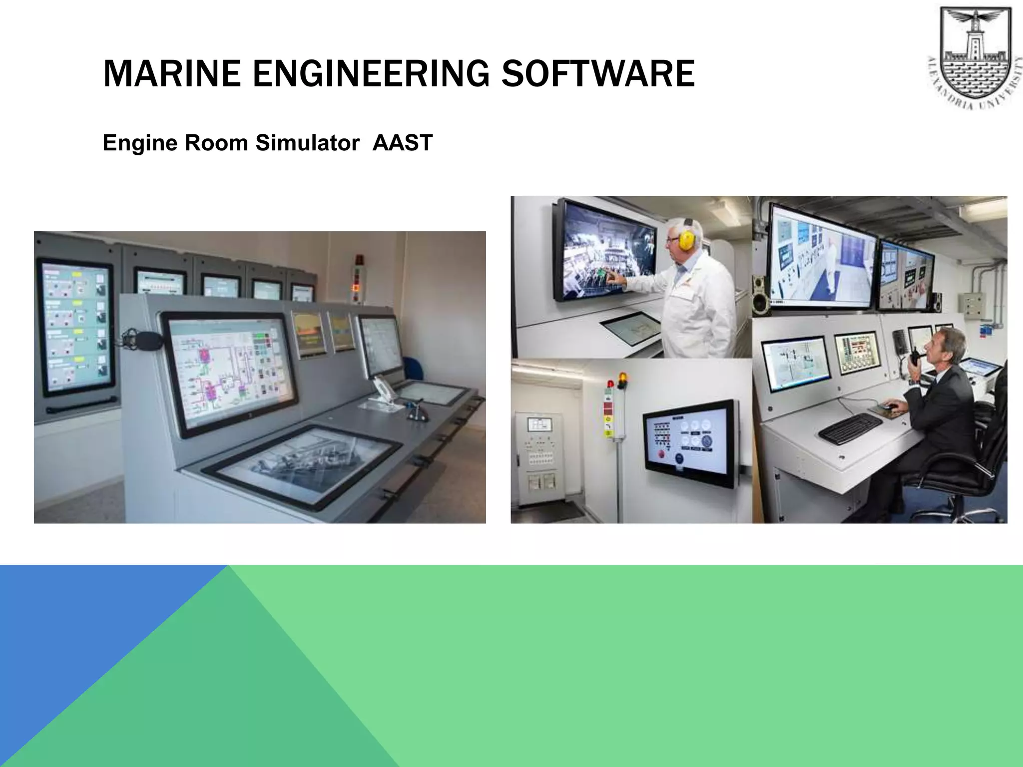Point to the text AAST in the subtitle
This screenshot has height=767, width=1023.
[402, 143]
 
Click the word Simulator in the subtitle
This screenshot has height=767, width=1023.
[307, 143]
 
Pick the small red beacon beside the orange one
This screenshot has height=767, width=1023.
[610, 383]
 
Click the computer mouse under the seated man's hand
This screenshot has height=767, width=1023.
[887, 406]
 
